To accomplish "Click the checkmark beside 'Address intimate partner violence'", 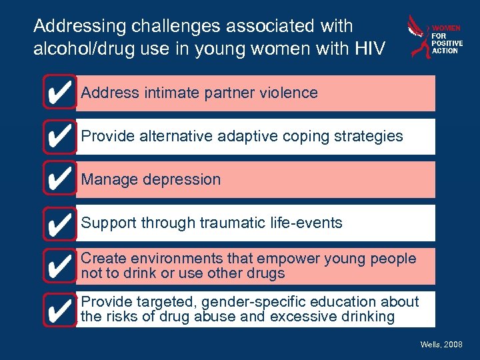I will [59, 93].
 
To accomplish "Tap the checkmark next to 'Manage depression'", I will [59, 179].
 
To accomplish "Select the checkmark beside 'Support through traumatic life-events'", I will [59, 223].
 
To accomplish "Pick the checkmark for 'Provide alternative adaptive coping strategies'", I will [59, 136].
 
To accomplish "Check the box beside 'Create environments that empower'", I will [59, 266].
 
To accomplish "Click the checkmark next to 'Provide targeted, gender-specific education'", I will [59, 309].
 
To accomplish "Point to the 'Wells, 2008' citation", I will [441, 344].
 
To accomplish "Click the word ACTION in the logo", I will [445, 51].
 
